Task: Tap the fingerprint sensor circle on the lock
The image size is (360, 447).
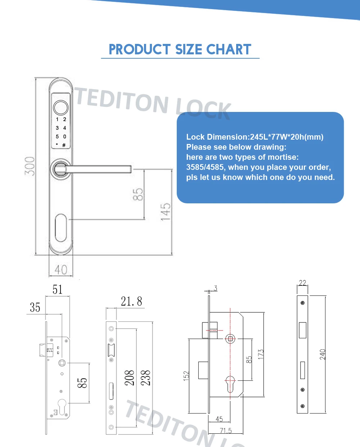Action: [x=61, y=108]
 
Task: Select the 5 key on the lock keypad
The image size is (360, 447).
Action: [x=57, y=136]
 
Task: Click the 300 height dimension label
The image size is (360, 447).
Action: [x=30, y=166]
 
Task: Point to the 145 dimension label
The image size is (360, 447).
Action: [x=166, y=212]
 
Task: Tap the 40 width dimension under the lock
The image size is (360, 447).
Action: [x=61, y=270]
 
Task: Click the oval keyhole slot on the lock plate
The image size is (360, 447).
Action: [x=61, y=228]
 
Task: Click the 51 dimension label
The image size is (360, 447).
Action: [x=57, y=289]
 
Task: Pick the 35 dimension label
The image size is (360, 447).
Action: [x=35, y=307]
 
